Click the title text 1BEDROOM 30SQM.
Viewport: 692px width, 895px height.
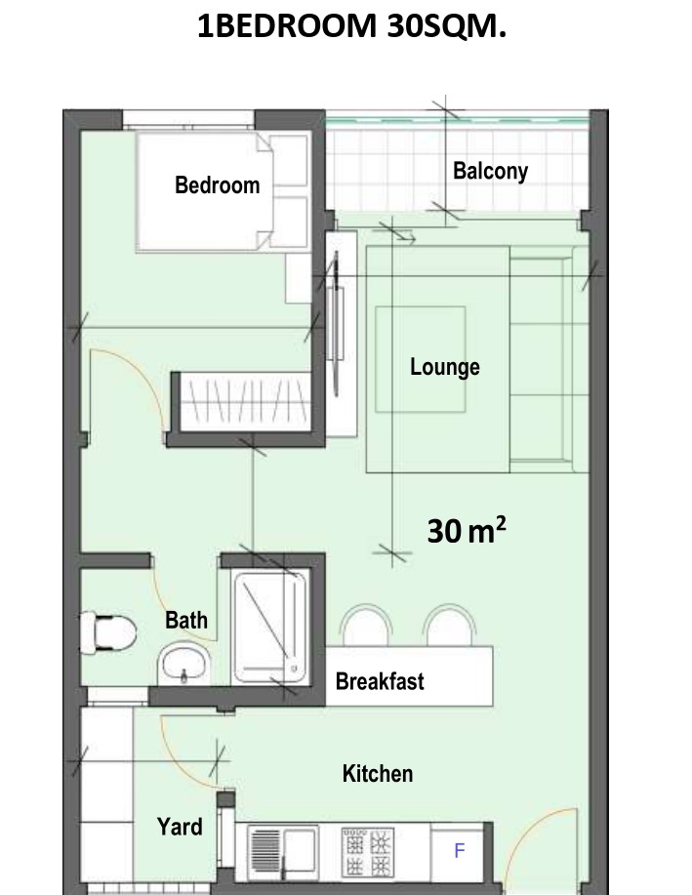(351, 26)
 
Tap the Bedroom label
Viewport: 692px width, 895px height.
(217, 184)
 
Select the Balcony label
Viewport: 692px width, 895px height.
(490, 171)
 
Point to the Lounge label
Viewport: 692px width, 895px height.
(444, 367)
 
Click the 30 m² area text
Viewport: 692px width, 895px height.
(466, 531)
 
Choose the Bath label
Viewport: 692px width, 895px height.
(186, 620)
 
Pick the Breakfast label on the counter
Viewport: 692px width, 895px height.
(380, 681)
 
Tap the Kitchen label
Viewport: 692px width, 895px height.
(377, 774)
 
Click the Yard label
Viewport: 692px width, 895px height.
(180, 827)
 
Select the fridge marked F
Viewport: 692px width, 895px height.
(459, 850)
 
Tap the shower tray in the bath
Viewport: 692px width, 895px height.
(269, 627)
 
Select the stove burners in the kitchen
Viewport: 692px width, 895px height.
(366, 851)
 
